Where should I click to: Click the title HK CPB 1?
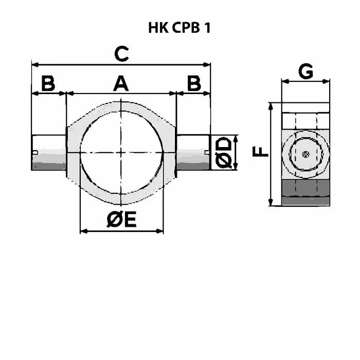tap(179, 28)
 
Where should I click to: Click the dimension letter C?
tap(121, 53)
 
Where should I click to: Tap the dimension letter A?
tap(121, 84)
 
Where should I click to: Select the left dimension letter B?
tap(48, 83)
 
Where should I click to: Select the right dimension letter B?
tap(194, 83)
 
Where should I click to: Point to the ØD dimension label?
tap(223, 152)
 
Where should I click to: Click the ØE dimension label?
tap(122, 220)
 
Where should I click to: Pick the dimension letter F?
tap(260, 152)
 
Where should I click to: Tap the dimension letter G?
tap(305, 71)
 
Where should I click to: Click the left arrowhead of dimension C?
tap(35, 65)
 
